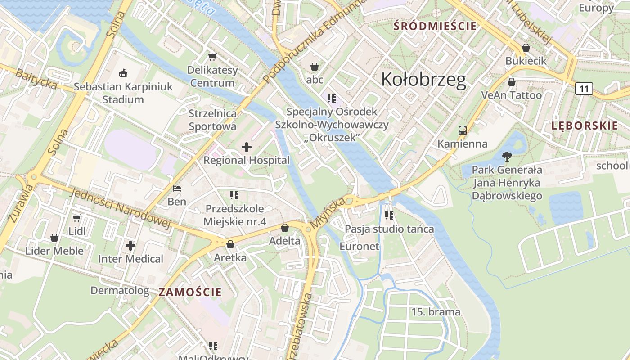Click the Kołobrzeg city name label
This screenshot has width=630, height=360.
[x=423, y=79]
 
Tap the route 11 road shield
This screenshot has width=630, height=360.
[x=584, y=89]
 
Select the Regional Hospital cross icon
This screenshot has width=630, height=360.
[x=247, y=147]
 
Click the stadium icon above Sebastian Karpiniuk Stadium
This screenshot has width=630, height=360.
[x=123, y=72]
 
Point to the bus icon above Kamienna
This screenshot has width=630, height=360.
[x=463, y=130]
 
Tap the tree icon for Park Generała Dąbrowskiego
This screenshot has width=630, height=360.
[x=507, y=157]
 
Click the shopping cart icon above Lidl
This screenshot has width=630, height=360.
[x=76, y=218]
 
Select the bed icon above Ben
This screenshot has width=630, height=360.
[x=177, y=188]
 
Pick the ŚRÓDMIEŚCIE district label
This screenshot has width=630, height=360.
[x=435, y=26]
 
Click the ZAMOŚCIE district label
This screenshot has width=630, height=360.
[x=190, y=292]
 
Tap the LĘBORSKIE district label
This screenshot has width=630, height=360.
[x=585, y=126]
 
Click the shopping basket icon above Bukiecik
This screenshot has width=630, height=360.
[x=526, y=48]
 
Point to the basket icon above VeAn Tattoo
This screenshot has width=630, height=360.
[x=511, y=82]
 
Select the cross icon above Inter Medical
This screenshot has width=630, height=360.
[x=130, y=246]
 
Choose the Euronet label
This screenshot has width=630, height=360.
[x=359, y=246]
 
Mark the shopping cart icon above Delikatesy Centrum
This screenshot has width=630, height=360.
[x=212, y=57]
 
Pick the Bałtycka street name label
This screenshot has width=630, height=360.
[x=36, y=79]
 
